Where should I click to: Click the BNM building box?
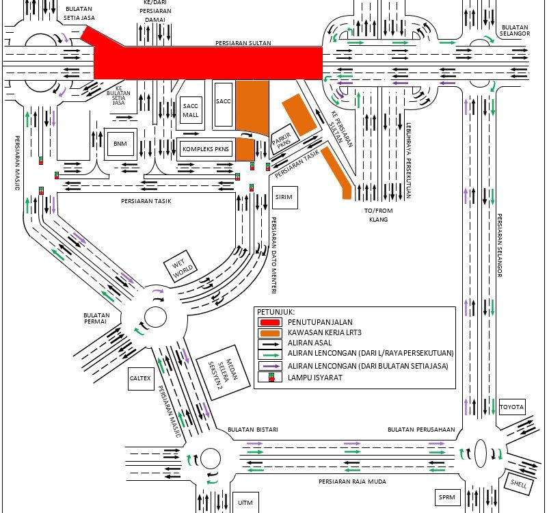(x=120, y=143)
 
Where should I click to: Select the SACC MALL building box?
(x=190, y=111)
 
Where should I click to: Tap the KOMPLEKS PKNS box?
(x=206, y=148)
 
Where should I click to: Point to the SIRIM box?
(x=284, y=197)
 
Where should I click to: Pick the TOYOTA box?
(x=511, y=407)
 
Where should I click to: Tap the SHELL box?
(x=517, y=482)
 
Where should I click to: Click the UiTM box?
(x=244, y=501)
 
